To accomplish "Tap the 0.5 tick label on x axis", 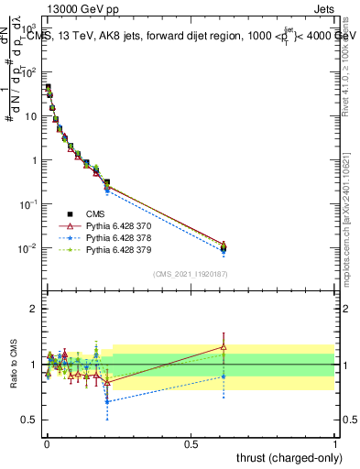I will (190, 443).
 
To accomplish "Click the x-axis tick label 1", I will (335, 443).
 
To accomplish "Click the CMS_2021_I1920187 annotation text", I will (190, 274).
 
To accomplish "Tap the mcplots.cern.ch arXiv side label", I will (352, 192).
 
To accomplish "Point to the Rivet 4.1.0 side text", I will (352, 55).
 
